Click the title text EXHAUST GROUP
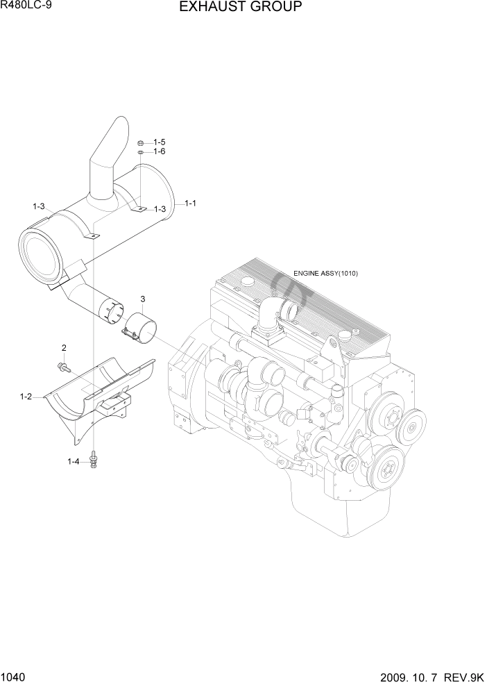coord(240,8)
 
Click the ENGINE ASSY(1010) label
coord(325,274)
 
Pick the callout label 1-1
coord(190,204)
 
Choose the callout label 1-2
coord(26,397)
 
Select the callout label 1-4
coord(74,461)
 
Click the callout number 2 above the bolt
coord(64,347)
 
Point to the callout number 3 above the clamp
coord(142,299)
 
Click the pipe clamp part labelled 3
coord(138,326)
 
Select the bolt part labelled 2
coord(64,365)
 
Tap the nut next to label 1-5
coord(140,142)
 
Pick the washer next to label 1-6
coord(140,151)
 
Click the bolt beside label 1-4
coord(93,460)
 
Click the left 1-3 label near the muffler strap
coord(39,206)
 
